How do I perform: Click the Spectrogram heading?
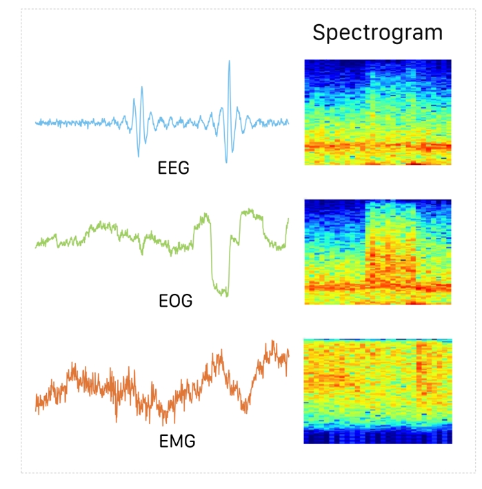377,32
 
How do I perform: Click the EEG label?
173,168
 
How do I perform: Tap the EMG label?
174,439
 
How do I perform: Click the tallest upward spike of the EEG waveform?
228,62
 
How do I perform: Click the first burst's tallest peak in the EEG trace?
141,88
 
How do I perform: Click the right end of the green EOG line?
288,220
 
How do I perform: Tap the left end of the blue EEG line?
37,123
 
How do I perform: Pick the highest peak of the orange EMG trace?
273,341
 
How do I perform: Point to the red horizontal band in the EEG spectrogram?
377,146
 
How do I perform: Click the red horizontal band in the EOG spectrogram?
377,285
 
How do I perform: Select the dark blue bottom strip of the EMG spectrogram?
377,437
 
